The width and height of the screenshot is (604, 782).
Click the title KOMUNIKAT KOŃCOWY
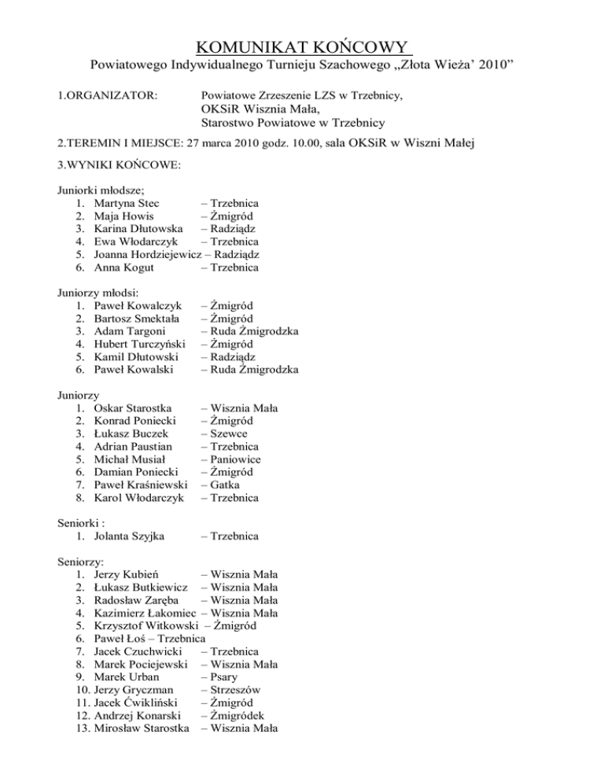click(301, 43)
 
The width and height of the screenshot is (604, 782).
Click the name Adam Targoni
click(129, 330)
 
